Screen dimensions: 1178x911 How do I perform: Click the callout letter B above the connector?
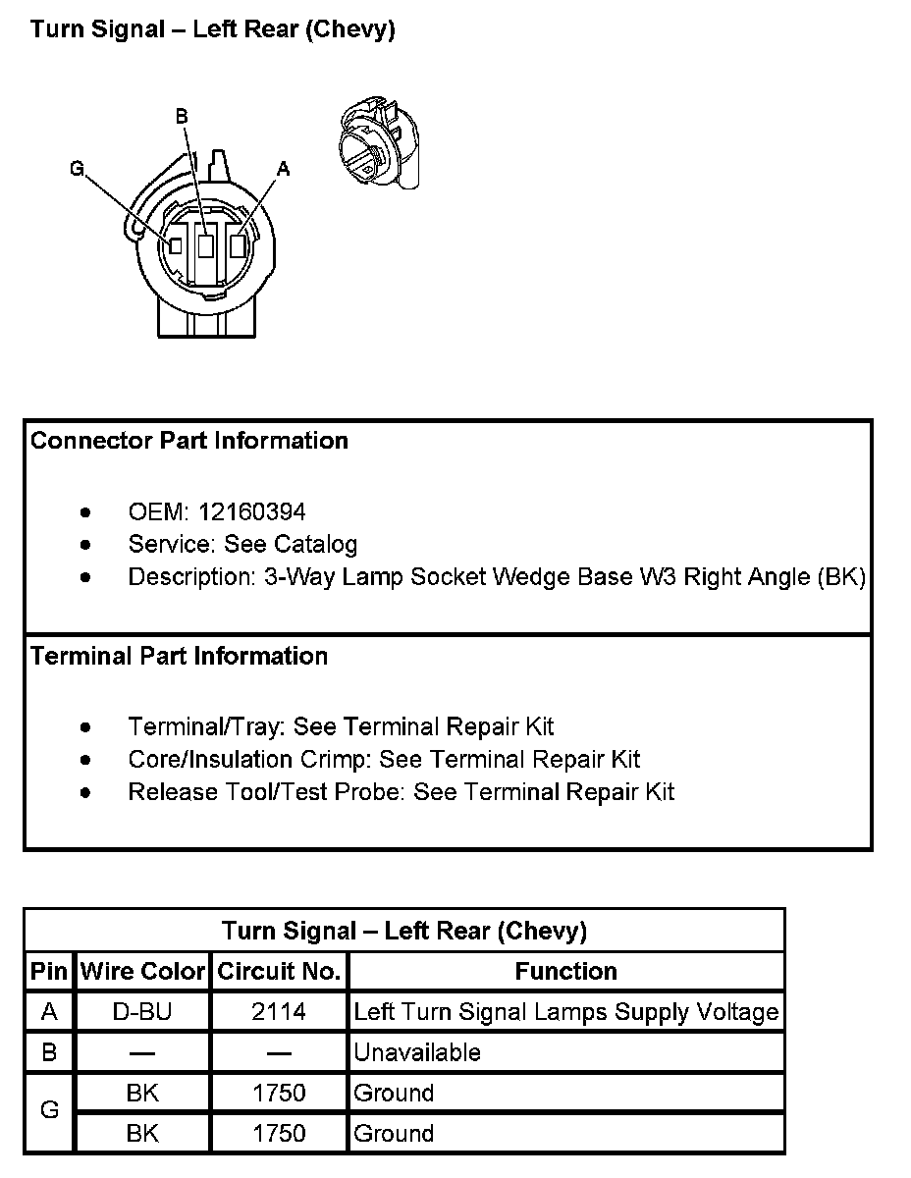182,117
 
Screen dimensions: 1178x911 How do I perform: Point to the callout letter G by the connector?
78,169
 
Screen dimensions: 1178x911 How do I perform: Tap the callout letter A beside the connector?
283,169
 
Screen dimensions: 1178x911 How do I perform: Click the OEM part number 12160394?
251,511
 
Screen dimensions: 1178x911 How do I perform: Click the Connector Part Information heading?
189,441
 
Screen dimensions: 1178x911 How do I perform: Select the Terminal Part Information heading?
179,656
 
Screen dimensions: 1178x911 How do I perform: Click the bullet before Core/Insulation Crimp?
87,760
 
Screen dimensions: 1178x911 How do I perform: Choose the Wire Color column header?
142,972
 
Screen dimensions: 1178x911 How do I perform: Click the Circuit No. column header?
279,972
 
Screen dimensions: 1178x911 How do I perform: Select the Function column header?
566,972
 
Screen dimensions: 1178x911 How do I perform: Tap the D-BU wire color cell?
142,1012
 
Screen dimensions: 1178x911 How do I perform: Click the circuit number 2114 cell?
279,1012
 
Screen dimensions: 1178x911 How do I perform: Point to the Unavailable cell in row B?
417,1052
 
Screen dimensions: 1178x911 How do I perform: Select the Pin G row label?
49,1112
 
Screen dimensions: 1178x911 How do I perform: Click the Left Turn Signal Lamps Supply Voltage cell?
566,1012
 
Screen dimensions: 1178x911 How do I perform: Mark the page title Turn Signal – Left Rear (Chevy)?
213,29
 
